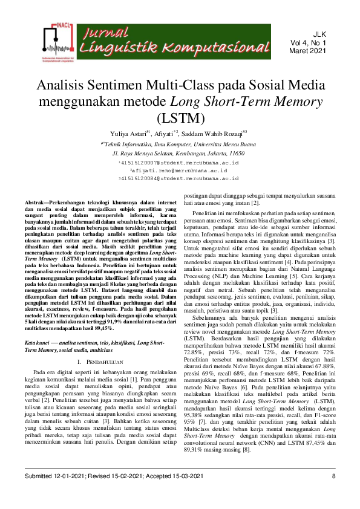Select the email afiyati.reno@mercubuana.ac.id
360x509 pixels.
(x=180, y=171)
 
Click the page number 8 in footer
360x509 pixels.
(x=333, y=493)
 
